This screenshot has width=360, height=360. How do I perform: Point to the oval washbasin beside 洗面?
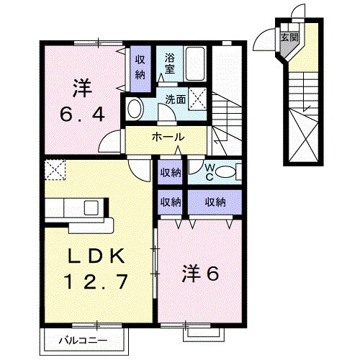point(134,109)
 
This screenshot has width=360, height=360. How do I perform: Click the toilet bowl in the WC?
point(226,171)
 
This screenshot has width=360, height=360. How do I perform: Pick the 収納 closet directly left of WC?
point(170,171)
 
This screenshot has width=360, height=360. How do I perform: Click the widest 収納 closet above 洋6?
point(214,202)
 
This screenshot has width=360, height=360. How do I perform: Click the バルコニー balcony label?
point(87,338)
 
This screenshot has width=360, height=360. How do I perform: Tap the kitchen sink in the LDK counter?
point(91,208)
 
